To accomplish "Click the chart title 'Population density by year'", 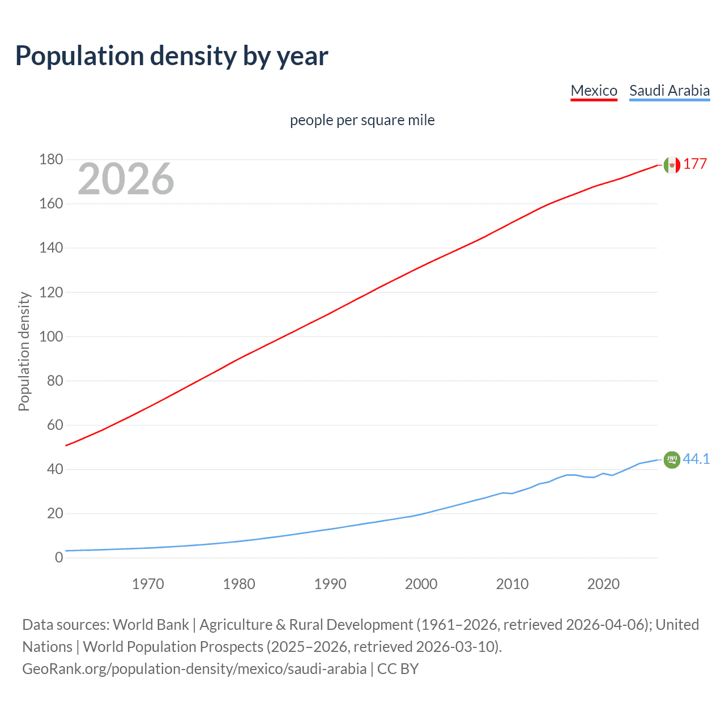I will coord(172,56).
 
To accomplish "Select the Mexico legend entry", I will coord(594,91).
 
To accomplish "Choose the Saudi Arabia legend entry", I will coord(669,91).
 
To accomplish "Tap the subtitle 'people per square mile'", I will coord(362,120).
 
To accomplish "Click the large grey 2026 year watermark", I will coord(126,179).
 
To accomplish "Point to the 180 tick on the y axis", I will coord(51,160).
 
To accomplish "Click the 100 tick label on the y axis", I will coord(51,336).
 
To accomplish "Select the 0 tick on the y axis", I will coord(59,558).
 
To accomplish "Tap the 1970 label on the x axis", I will coord(148,584).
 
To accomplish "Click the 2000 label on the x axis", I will coord(421,584).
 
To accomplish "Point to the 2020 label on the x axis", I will coord(603,584).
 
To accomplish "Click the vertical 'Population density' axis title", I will coord(24,351).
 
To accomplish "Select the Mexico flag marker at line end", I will coord(671,165).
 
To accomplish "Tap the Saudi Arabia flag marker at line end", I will coord(671,459).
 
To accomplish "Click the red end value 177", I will coord(694,164).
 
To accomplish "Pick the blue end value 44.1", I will coord(696,459).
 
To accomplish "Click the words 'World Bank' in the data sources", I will coord(151,625).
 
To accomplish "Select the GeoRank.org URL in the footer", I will coord(194,669).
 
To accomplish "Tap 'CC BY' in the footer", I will coord(398,669).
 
